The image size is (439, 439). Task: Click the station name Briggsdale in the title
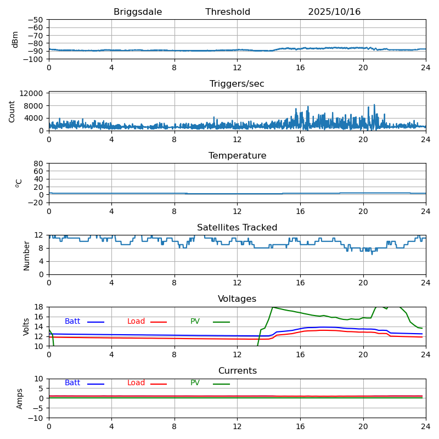tap(138, 12)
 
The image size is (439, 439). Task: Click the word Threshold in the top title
tap(228, 12)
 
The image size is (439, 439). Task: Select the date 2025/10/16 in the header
tap(334, 12)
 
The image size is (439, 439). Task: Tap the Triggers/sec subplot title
tap(237, 84)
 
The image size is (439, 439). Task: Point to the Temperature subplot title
tap(237, 156)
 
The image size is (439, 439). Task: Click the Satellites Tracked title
tap(237, 228)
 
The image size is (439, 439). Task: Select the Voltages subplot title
tap(237, 299)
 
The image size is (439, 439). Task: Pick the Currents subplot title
tap(237, 371)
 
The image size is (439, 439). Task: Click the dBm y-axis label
tap(15, 40)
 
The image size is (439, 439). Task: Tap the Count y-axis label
tap(12, 111)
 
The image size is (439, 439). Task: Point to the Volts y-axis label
tap(26, 327)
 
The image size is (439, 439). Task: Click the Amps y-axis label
tap(20, 398)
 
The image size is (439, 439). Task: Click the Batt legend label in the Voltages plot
tap(72, 322)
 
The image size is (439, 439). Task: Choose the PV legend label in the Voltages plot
tap(195, 322)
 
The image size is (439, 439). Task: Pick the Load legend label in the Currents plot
tap(136, 383)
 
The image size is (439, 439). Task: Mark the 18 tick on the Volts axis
tap(40, 307)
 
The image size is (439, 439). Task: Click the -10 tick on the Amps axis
tap(36, 418)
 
